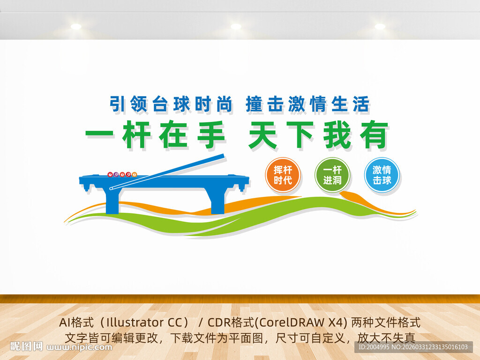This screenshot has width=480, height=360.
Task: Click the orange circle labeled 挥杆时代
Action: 283,175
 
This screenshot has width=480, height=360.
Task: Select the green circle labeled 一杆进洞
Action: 332,175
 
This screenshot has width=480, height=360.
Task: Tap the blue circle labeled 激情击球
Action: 382,175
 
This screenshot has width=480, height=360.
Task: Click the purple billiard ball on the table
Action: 116,174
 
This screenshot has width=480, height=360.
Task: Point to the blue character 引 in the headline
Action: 117,104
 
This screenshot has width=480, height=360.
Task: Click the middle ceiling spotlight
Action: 236,27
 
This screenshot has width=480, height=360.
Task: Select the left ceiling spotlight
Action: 76,27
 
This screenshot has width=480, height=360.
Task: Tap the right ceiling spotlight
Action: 380,27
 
